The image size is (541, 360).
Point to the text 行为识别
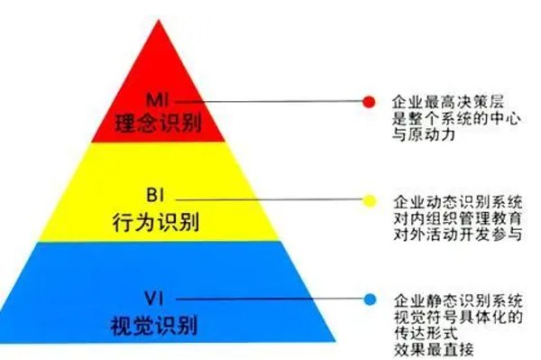159,220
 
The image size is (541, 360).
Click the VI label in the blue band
159,296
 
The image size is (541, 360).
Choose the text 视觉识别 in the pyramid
159,322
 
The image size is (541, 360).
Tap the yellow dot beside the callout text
369,200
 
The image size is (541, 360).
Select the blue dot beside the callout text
369,300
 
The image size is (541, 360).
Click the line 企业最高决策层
439,102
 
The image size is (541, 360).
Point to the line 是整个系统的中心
445,119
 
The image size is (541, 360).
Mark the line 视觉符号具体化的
445,316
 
